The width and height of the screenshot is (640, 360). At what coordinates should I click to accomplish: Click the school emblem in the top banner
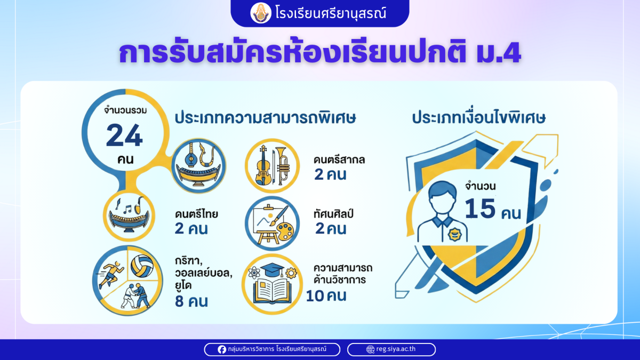(261, 13)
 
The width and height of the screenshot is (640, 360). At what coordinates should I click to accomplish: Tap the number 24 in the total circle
(124, 135)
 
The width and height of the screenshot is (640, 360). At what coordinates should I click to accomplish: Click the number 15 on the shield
(479, 209)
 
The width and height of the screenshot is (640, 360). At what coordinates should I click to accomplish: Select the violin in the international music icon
(263, 165)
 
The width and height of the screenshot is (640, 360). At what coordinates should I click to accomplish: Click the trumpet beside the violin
(282, 165)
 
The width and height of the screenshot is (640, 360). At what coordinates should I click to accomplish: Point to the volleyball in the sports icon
(142, 266)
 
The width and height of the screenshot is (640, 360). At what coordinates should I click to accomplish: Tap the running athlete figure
(110, 274)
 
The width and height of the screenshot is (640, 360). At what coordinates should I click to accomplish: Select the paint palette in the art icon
(285, 231)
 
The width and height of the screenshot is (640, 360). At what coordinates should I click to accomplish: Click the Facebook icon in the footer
(222, 349)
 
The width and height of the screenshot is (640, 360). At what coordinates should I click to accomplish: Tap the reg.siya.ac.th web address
(396, 349)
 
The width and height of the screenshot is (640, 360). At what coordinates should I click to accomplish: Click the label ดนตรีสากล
(339, 159)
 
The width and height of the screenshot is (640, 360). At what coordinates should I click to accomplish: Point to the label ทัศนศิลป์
(333, 213)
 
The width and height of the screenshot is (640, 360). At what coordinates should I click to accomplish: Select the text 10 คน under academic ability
(326, 295)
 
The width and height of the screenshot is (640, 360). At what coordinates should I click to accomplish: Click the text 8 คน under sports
(191, 301)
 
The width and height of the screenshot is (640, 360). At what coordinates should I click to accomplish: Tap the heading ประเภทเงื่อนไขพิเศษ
(479, 118)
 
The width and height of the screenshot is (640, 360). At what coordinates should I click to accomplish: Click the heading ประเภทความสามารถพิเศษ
(266, 118)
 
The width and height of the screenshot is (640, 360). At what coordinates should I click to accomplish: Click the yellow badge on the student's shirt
(454, 235)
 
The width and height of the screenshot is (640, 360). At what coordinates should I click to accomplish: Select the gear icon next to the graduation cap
(291, 273)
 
